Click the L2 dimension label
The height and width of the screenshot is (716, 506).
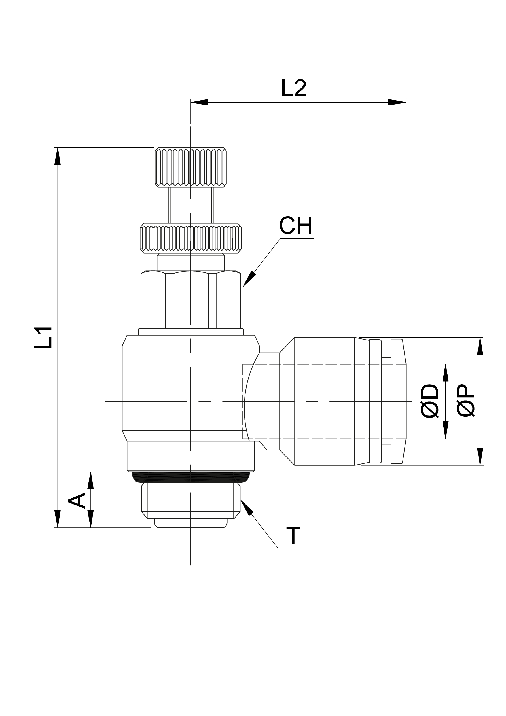click(294, 88)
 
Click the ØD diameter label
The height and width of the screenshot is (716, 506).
click(429, 401)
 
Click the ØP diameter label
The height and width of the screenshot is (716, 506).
click(465, 401)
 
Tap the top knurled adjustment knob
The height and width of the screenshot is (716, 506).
click(190, 167)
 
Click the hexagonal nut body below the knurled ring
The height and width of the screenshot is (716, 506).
click(190, 299)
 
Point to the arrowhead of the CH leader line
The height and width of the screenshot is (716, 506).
click(249, 279)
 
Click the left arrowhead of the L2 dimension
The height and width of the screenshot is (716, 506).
click(199, 102)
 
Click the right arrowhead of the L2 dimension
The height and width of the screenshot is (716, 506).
click(397, 102)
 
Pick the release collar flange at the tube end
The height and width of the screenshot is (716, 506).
click(398, 401)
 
